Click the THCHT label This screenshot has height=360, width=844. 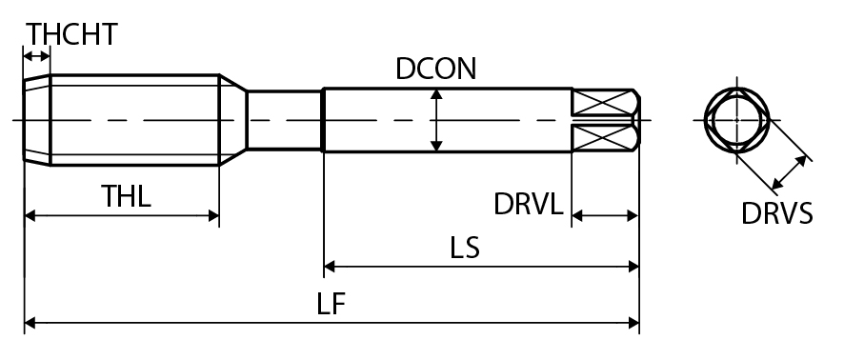[x=71, y=34]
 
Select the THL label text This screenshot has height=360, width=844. [x=127, y=196]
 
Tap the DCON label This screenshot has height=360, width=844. [x=436, y=69]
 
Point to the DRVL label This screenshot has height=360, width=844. [x=529, y=204]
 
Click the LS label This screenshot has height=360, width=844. [x=465, y=248]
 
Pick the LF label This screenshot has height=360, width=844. [x=331, y=304]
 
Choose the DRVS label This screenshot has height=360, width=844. [x=776, y=213]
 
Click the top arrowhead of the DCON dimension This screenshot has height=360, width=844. [x=436, y=94]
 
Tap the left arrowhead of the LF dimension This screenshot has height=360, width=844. [x=30, y=323]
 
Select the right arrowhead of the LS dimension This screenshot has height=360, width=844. [x=633, y=266]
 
